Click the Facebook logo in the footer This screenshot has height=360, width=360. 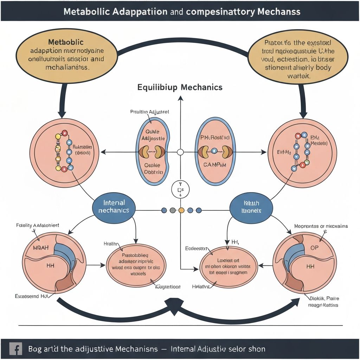(14, 349)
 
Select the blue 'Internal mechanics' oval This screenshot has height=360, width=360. (114, 207)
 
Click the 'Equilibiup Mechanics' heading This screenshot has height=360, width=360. (180, 87)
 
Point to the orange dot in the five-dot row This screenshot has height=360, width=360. (181, 210)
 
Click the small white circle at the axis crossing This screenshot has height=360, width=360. (180, 152)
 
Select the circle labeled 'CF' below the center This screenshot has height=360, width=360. (180, 190)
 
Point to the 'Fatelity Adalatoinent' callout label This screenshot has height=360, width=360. (38, 225)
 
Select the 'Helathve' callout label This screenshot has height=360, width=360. (201, 287)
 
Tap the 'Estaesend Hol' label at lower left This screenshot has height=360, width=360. (31, 296)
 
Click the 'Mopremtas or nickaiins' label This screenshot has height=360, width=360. (321, 226)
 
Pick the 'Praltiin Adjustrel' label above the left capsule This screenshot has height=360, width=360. (149, 112)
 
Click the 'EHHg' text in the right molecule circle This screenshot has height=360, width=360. (284, 153)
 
